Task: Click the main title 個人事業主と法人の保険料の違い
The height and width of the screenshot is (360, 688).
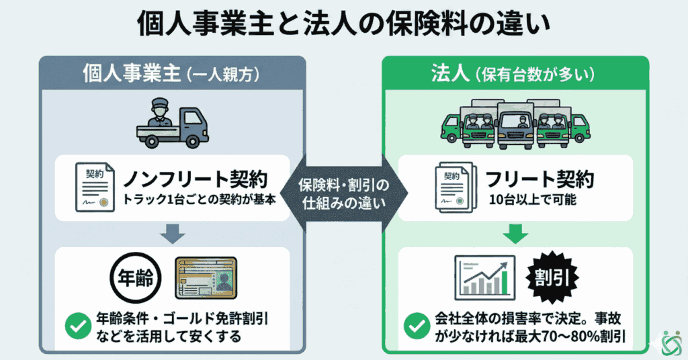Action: point(344,25)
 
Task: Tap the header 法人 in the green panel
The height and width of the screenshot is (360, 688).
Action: point(451,73)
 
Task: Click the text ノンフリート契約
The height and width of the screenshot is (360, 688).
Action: point(195,179)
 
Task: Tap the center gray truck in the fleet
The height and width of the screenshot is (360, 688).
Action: point(515,124)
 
